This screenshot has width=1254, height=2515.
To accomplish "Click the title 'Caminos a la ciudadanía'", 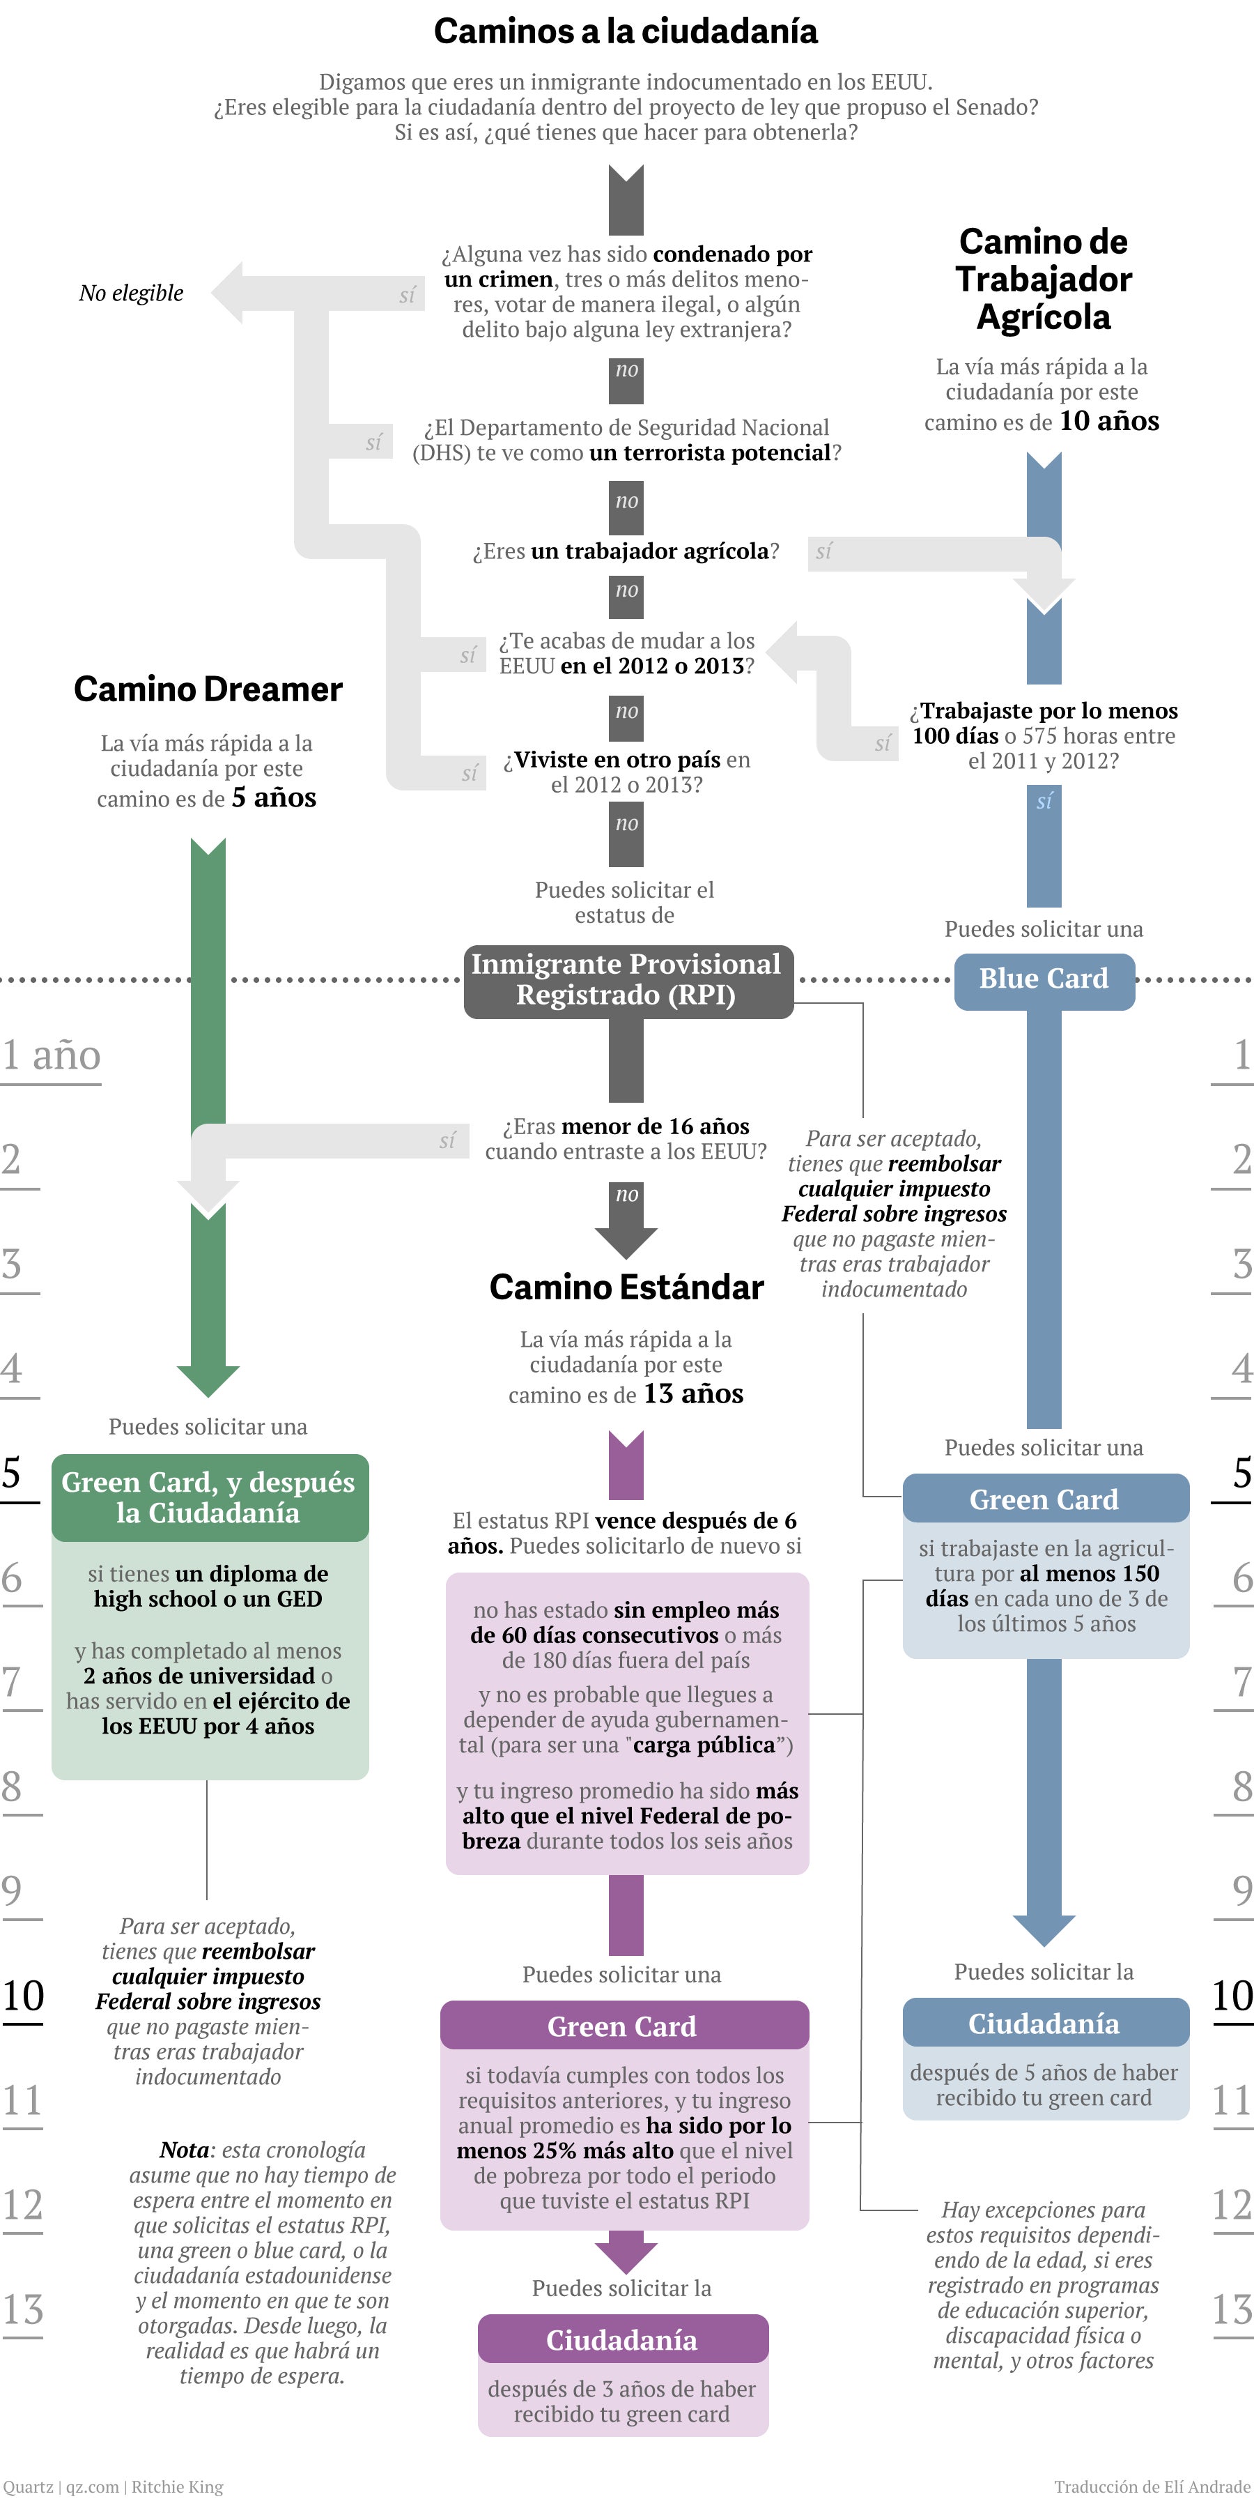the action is pos(626,31).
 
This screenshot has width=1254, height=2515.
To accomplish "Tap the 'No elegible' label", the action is pos(131,293).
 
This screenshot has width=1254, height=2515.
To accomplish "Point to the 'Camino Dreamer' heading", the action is pos(208,689).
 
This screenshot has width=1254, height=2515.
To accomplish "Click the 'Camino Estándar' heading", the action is pos(626,1287).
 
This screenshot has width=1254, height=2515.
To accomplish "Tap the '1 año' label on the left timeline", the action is pos(51,1055).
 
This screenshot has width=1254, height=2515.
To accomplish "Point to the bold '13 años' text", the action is pos(694,1393).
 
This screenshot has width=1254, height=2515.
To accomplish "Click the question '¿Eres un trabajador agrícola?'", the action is pos(626,551).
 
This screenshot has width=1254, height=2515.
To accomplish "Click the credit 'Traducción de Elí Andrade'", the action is pos(1152,2486).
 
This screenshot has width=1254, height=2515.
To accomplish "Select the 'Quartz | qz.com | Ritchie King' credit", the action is pos(113,2486).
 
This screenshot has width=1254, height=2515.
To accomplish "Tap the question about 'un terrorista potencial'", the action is pos(626,441).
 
